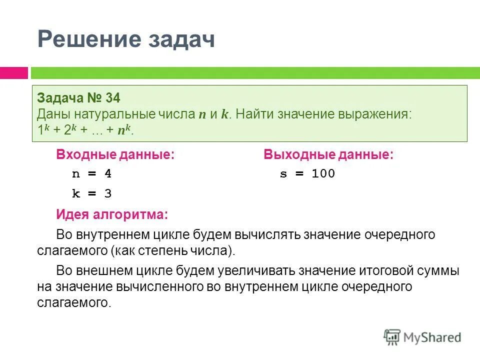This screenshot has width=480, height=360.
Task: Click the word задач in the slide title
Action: click(x=178, y=39)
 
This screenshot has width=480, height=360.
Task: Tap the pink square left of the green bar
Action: click(x=13, y=72)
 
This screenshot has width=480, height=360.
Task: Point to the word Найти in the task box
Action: click(x=254, y=114)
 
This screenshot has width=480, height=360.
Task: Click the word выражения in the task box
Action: click(x=378, y=114)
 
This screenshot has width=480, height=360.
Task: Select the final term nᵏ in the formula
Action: click(x=125, y=130)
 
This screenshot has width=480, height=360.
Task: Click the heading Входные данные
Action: click(x=115, y=155)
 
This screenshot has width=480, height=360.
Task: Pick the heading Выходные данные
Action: click(x=328, y=155)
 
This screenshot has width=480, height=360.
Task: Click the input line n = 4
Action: click(x=92, y=174)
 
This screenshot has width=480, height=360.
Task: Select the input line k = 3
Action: click(x=92, y=193)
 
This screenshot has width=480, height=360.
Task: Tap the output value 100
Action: click(x=323, y=174)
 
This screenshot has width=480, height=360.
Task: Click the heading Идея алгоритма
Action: click(x=112, y=215)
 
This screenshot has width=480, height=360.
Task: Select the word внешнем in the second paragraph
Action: click(x=100, y=270)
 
